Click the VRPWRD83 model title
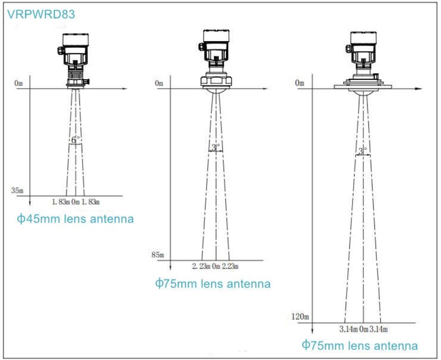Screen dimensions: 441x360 (41, 14)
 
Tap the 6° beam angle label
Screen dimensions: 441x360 (75, 139)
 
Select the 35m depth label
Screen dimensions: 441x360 (17, 190)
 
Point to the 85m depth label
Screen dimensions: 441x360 (157, 255)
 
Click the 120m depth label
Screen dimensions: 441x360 (300, 317)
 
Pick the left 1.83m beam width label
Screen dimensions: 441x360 (61, 202)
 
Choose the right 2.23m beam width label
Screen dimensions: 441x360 (230, 266)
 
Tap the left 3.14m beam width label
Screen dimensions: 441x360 (349, 329)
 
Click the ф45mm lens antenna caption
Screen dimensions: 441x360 (75, 219)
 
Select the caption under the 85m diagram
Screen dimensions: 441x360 (213, 283)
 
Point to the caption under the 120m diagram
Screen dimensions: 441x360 (360, 345)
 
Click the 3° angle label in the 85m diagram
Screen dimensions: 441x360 (216, 147)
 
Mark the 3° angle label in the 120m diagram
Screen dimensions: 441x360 (363, 151)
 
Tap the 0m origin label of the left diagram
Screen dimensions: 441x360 (18, 83)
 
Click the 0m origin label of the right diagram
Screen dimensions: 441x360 (299, 83)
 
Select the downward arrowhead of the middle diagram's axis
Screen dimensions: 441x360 (170, 268)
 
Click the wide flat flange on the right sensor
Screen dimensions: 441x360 (363, 87)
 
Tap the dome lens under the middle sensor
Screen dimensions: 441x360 (216, 91)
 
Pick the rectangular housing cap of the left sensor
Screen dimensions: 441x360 (75, 39)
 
